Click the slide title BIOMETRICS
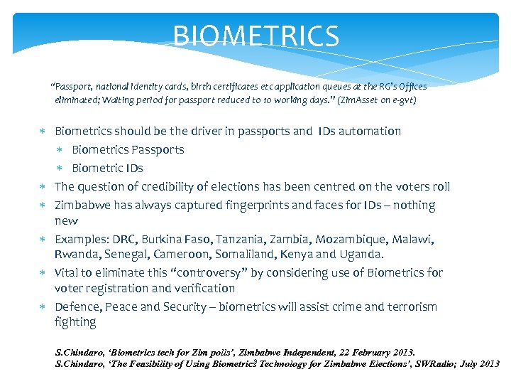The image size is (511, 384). point(256,36)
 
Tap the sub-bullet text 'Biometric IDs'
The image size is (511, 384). point(107,168)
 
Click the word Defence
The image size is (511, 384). point(77,306)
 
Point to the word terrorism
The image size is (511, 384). point(408,306)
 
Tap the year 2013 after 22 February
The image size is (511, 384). point(402,352)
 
